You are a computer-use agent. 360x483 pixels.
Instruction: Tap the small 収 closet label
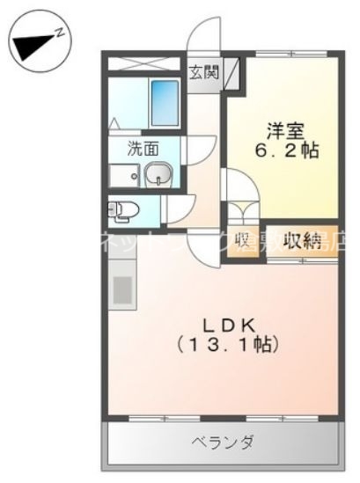pyautogui.click(x=243, y=241)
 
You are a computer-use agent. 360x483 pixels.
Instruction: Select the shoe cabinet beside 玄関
pyautogui.click(x=231, y=73)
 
